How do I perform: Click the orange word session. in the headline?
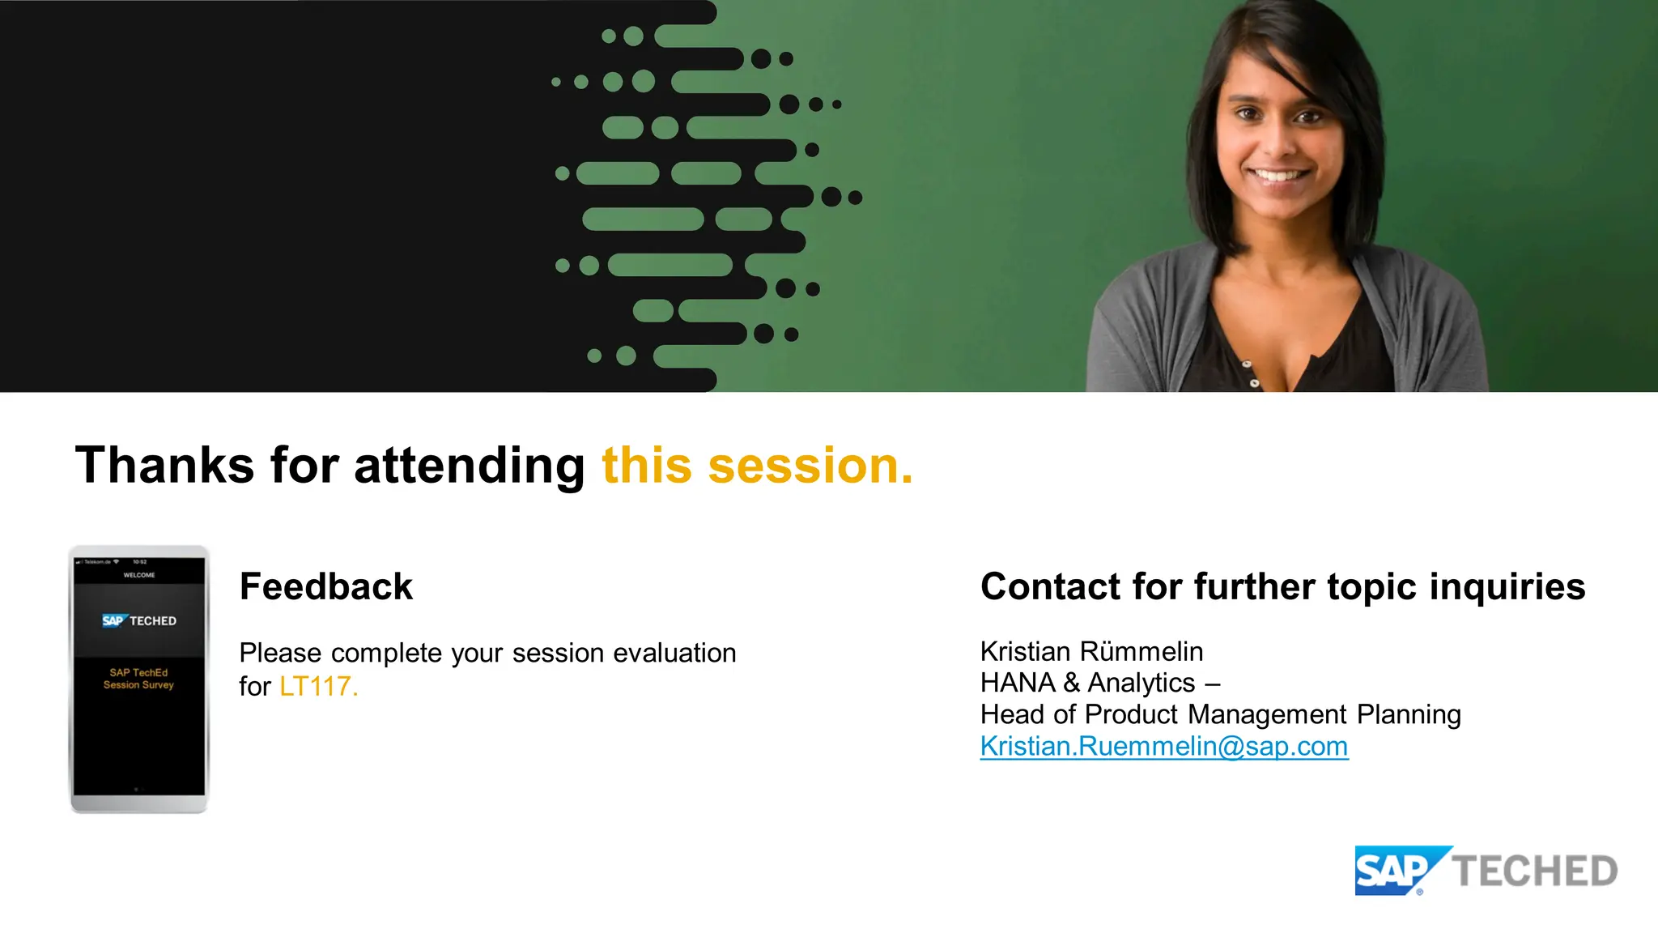[x=810, y=466]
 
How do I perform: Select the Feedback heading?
[x=326, y=586]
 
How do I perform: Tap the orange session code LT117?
[x=318, y=686]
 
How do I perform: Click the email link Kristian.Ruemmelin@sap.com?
[x=1163, y=746]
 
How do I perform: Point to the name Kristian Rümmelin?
[x=1091, y=651]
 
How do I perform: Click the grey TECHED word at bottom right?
[x=1535, y=871]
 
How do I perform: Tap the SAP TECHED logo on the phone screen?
[x=139, y=620]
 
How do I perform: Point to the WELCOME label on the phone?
[x=139, y=575]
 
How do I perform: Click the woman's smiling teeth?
[x=1279, y=175]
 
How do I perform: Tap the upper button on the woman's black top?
[x=1248, y=364]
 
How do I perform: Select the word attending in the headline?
[x=469, y=467]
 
